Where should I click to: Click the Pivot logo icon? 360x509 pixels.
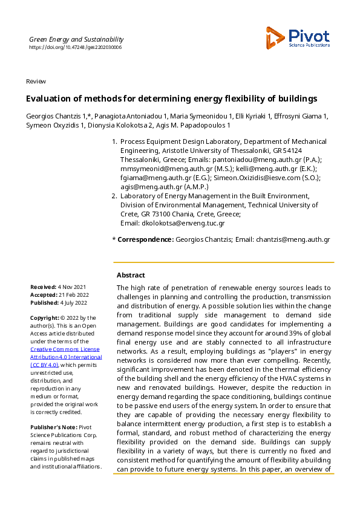click(x=275, y=37)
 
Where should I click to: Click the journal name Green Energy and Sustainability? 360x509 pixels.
click(x=76, y=39)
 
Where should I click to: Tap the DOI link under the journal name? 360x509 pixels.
click(x=75, y=47)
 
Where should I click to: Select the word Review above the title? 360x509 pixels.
click(x=36, y=82)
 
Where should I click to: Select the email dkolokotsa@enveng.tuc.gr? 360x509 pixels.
click(x=183, y=223)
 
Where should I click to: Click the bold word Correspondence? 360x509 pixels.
click(x=145, y=240)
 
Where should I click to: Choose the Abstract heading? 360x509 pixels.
click(x=131, y=275)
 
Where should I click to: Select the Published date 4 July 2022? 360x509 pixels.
click(x=74, y=303)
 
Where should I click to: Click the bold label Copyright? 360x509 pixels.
click(x=45, y=318)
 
